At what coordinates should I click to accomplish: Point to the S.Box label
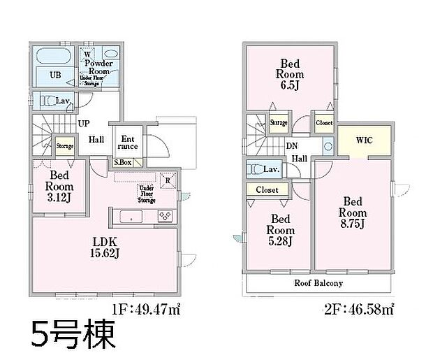pyautogui.click(x=123, y=162)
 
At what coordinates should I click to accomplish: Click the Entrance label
pyautogui.click(x=128, y=143)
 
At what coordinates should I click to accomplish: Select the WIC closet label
pyautogui.click(x=364, y=140)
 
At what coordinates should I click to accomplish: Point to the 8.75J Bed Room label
pyautogui.click(x=353, y=212)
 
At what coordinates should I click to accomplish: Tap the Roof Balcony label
pyautogui.click(x=318, y=283)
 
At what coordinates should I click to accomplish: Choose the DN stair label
pyautogui.click(x=292, y=145)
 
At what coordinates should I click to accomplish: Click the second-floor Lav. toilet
pyautogui.click(x=260, y=169)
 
